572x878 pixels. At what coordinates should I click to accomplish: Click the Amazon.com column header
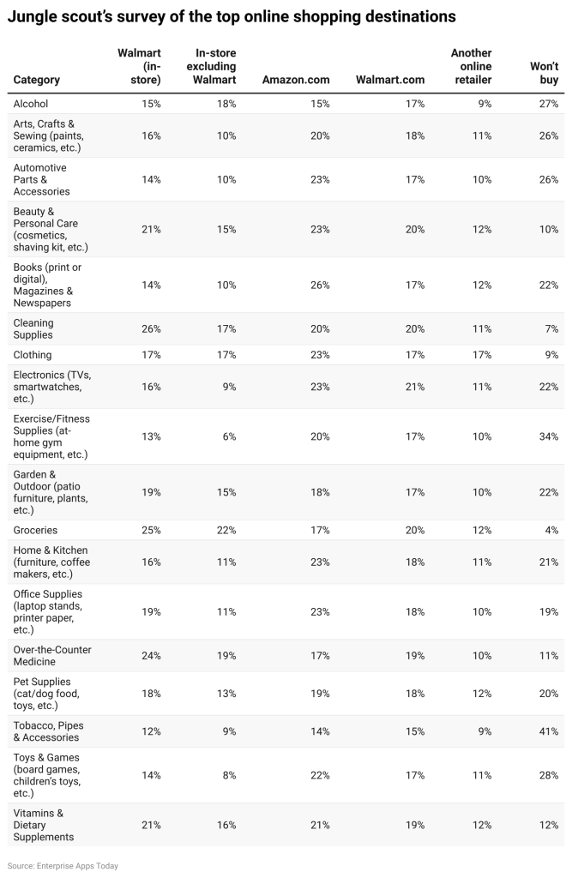[x=296, y=80]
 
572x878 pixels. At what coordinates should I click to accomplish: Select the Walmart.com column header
[x=390, y=80]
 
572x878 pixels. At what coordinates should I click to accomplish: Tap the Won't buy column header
[x=544, y=73]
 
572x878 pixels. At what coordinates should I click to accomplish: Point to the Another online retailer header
[x=471, y=66]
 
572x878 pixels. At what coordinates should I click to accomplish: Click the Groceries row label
[x=35, y=530]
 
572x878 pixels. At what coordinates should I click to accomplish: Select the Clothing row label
[x=33, y=354]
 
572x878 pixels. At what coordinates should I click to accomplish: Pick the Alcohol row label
[x=31, y=104]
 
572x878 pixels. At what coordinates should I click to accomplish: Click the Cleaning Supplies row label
[x=33, y=328]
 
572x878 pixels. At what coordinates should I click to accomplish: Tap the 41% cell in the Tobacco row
[x=549, y=731]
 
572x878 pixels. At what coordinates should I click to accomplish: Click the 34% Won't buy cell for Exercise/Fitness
[x=549, y=436]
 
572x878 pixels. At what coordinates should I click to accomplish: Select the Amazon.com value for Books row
[x=320, y=285]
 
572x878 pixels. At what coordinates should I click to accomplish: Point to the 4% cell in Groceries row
[x=551, y=530]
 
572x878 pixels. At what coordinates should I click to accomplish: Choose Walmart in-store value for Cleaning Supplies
[x=151, y=328]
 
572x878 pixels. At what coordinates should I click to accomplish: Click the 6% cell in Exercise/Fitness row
[x=229, y=436]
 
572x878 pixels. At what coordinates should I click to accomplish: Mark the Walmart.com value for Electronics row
[x=414, y=387]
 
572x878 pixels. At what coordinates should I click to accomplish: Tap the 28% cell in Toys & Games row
[x=549, y=775]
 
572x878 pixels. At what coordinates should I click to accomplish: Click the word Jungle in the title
[x=30, y=17]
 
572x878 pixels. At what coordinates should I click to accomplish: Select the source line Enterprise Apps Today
[x=63, y=866]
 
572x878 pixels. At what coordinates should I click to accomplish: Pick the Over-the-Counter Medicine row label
[x=52, y=656]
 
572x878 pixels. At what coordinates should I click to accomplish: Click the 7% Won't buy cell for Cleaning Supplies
[x=551, y=328]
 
